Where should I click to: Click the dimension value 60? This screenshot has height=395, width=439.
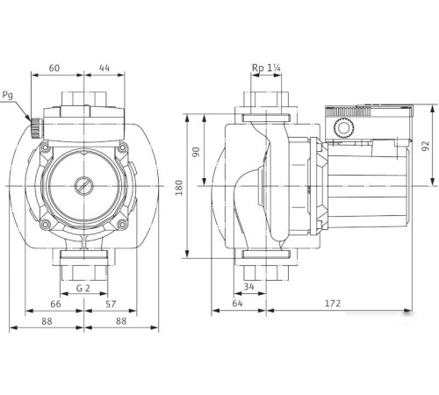54,67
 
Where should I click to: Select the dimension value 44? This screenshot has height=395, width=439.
104,67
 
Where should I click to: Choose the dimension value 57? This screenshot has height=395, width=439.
111,304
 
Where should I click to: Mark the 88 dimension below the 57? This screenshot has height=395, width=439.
123,321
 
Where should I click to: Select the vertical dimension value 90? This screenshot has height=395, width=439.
198,152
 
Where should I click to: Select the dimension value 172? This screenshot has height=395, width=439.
332,304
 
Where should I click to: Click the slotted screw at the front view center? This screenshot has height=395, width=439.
83,187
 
